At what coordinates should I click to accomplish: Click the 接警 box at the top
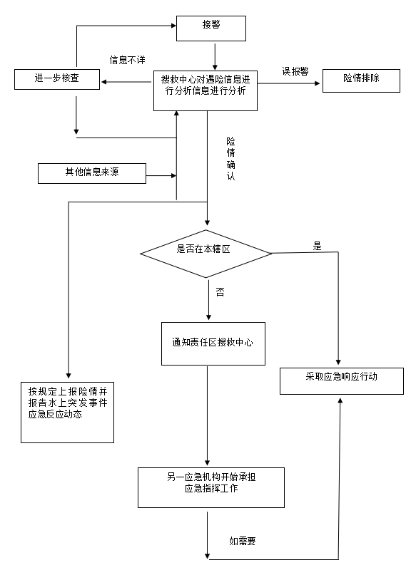click(211, 28)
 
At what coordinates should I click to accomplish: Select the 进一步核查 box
click(57, 79)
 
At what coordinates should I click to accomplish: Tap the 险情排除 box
click(361, 81)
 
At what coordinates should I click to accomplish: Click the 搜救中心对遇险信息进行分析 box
click(206, 91)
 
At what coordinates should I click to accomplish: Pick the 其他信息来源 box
click(92, 173)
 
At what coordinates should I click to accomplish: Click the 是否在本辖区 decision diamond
click(206, 254)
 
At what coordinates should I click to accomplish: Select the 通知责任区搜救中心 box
click(213, 343)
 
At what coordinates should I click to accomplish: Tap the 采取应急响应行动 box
click(342, 381)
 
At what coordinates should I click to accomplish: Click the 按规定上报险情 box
click(67, 413)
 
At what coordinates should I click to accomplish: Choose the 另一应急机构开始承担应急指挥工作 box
click(211, 487)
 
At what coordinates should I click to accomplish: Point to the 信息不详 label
click(128, 60)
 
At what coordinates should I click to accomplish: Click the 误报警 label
click(295, 71)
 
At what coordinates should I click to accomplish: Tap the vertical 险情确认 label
click(230, 159)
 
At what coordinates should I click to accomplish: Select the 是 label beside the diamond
click(318, 246)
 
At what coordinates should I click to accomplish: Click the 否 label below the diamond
click(220, 292)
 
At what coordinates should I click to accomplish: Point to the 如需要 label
click(243, 541)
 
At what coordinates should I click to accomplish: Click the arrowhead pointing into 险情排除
click(318, 83)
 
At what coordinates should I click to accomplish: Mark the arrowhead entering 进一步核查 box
click(103, 82)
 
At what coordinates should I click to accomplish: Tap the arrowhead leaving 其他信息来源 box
click(174, 176)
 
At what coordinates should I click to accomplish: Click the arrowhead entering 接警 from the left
click(173, 26)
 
